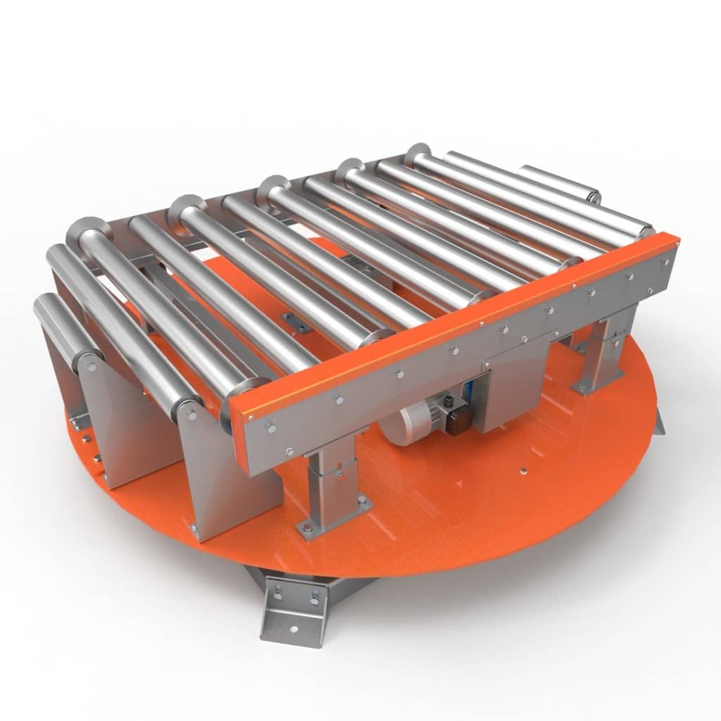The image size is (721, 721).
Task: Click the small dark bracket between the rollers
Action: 296,321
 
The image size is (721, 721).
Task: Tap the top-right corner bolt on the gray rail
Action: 666,260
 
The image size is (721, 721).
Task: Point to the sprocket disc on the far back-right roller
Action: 418,153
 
